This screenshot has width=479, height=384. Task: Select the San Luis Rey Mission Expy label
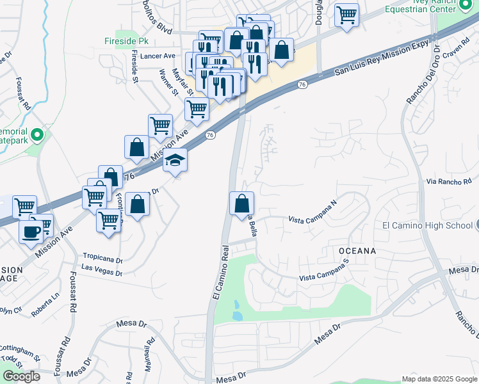point(380,56)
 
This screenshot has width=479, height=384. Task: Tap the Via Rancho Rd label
point(448,182)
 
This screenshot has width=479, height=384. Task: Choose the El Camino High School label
point(427,225)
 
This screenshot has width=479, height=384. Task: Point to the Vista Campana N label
point(313,213)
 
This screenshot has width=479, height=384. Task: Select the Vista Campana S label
point(325,271)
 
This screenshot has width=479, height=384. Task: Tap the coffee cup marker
point(31,232)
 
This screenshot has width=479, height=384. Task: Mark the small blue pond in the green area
point(237,310)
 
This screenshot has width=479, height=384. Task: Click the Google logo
point(21,376)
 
